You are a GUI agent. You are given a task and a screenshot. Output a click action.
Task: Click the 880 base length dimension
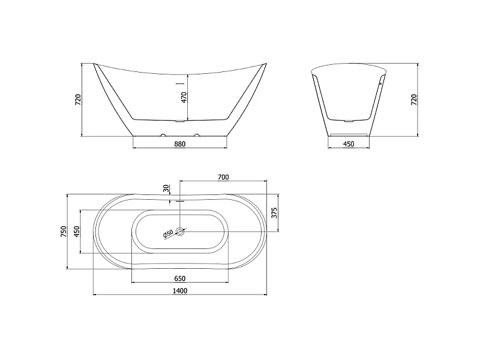[x=179, y=144]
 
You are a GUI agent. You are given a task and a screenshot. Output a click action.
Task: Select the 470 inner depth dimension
[x=184, y=97]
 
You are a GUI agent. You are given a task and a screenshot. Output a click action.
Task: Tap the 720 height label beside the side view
[x=79, y=100]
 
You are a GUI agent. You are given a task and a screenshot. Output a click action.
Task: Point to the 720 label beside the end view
[x=414, y=100]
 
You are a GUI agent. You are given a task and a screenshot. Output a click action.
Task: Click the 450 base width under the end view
[x=349, y=144]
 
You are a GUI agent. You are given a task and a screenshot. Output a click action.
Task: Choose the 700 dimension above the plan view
[x=223, y=177]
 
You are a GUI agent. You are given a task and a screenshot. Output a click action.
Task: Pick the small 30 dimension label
[x=166, y=188]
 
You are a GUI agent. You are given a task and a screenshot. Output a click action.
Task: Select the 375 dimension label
[x=274, y=213]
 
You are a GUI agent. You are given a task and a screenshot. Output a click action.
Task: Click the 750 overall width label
[x=64, y=232]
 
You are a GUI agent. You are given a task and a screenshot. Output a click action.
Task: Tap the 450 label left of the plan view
[x=77, y=232]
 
